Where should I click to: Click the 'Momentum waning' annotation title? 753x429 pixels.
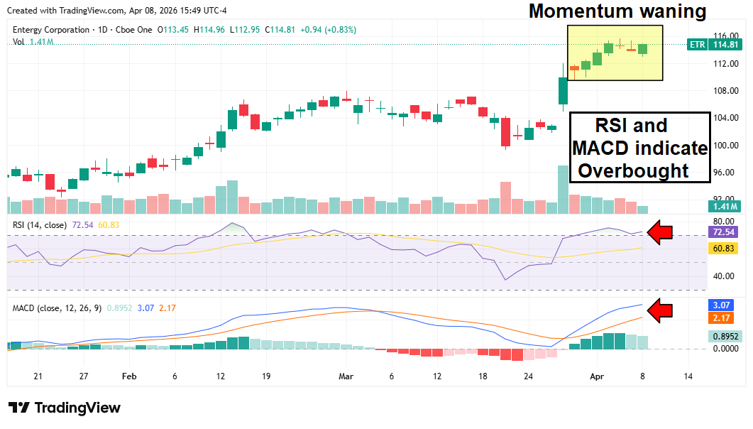617,11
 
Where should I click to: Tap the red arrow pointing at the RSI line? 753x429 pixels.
661,232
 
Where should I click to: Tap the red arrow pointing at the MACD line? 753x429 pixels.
661,310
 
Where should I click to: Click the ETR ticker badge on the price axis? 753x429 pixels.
698,45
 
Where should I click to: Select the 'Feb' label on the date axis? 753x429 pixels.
128,376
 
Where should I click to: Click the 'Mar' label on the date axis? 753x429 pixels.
346,376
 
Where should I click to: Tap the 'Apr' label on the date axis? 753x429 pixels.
597,376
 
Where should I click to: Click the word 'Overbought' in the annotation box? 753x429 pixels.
634,170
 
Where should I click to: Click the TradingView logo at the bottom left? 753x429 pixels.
65,408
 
